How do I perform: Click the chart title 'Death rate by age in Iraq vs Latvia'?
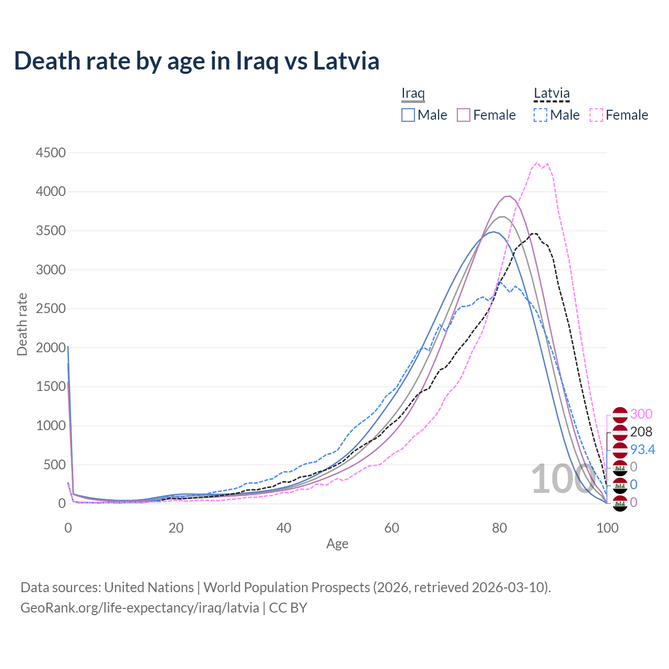197,61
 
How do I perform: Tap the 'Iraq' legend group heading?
413,93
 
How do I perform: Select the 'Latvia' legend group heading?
551,93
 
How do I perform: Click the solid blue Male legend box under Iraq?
408,115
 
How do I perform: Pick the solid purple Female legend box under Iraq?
464,115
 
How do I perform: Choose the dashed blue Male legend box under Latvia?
540,115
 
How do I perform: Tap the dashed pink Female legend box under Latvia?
596,115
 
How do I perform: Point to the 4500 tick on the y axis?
51,153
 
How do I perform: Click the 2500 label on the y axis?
51,308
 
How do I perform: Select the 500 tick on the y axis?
54,465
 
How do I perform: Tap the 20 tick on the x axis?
176,528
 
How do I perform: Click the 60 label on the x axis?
391,528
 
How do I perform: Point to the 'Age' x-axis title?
337,544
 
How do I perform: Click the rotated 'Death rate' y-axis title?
22,324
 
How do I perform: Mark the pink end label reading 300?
641,414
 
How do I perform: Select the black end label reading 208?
641,432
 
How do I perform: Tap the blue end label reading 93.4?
642,449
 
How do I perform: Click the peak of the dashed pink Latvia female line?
537,163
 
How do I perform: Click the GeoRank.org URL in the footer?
140,608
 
